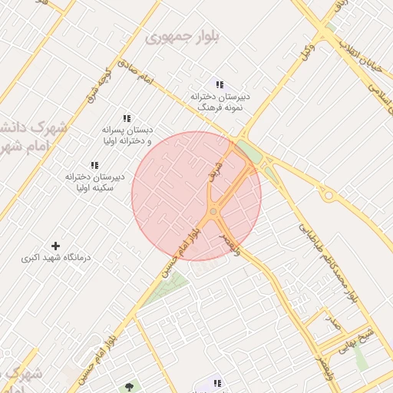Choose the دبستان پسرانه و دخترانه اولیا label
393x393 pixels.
(127, 135)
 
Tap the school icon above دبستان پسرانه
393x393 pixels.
(127, 118)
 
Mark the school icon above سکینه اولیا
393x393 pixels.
(94, 165)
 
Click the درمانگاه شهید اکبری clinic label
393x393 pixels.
(55, 258)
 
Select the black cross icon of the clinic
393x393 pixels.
(55, 245)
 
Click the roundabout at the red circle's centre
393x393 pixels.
(213, 211)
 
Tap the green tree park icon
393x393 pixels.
(127, 387)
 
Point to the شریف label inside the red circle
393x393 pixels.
(216, 171)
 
